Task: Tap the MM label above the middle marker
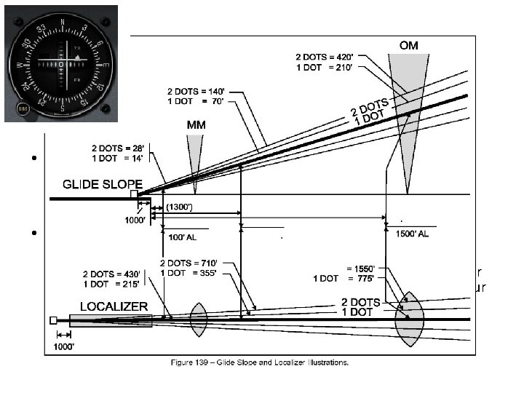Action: [x=196, y=124]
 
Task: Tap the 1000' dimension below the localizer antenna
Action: [x=67, y=347]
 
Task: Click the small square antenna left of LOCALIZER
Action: [x=53, y=319]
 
